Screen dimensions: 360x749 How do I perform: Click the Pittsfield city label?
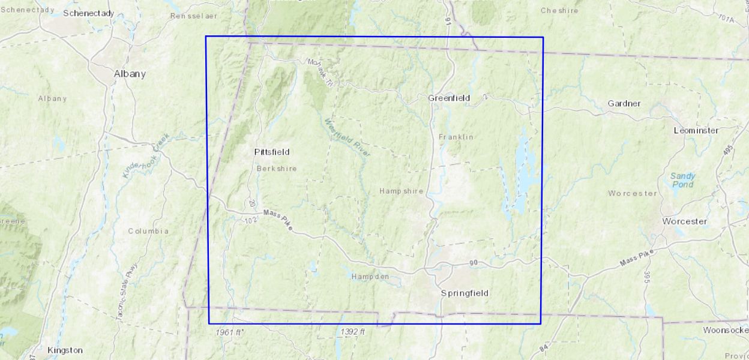pos(272,152)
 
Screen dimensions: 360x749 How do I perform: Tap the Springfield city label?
pos(465,293)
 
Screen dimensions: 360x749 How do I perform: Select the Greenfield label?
pos(449,98)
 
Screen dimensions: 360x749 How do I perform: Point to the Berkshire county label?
pos(276,169)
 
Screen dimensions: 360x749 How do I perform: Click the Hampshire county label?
pos(401,191)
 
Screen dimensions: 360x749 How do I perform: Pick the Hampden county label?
pos(370,277)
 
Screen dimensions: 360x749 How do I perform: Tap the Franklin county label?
pos(456,137)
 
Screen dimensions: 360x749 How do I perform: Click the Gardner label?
pos(624,104)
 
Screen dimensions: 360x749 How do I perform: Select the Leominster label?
pos(696,130)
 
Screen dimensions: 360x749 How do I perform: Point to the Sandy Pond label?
pos(682,180)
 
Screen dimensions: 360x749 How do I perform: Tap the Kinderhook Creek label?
pos(146,155)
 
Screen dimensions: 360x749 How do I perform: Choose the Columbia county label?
pos(148,231)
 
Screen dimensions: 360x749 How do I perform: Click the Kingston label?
pos(65,350)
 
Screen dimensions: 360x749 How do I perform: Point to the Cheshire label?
pos(559,10)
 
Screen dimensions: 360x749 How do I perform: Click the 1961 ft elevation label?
pos(229,332)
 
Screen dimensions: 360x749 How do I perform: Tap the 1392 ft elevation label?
pos(352,332)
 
